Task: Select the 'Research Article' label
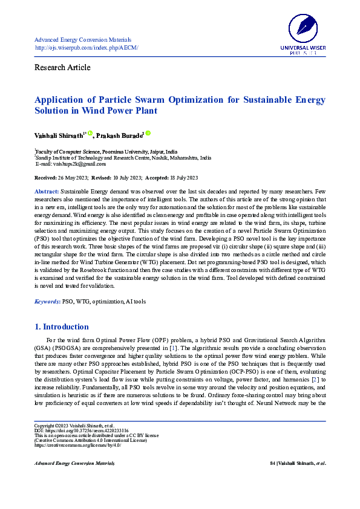(x=63, y=67)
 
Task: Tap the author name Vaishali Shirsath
(x=58, y=136)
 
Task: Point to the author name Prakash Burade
(x=118, y=136)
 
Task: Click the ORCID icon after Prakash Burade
(x=148, y=134)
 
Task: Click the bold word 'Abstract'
(x=47, y=191)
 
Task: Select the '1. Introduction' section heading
(x=62, y=327)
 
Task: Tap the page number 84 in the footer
(x=272, y=464)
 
